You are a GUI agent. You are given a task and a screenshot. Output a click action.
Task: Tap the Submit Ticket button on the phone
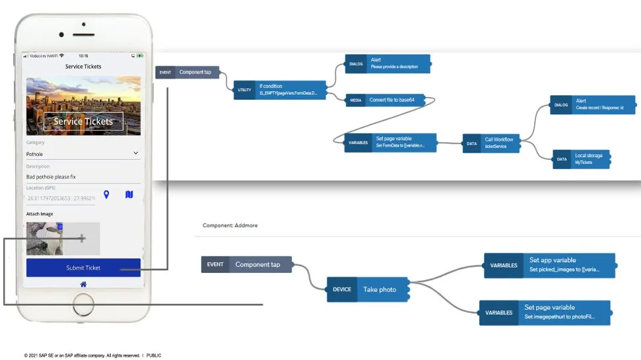[x=83, y=268]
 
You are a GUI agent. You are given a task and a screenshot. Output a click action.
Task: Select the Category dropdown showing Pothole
[x=83, y=153]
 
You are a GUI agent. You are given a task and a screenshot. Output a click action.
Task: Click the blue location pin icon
[x=106, y=195]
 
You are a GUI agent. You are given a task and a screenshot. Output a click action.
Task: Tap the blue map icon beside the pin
[x=129, y=195]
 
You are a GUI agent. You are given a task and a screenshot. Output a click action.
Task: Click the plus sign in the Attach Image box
[x=82, y=238]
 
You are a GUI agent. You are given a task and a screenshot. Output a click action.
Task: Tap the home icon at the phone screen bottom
[x=83, y=284]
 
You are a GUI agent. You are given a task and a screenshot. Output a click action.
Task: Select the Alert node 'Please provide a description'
[x=387, y=63]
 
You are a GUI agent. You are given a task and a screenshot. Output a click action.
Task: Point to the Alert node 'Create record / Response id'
[x=592, y=104]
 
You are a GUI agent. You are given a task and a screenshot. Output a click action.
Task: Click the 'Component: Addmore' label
[x=230, y=225]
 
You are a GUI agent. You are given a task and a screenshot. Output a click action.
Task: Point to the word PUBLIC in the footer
[x=153, y=355]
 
